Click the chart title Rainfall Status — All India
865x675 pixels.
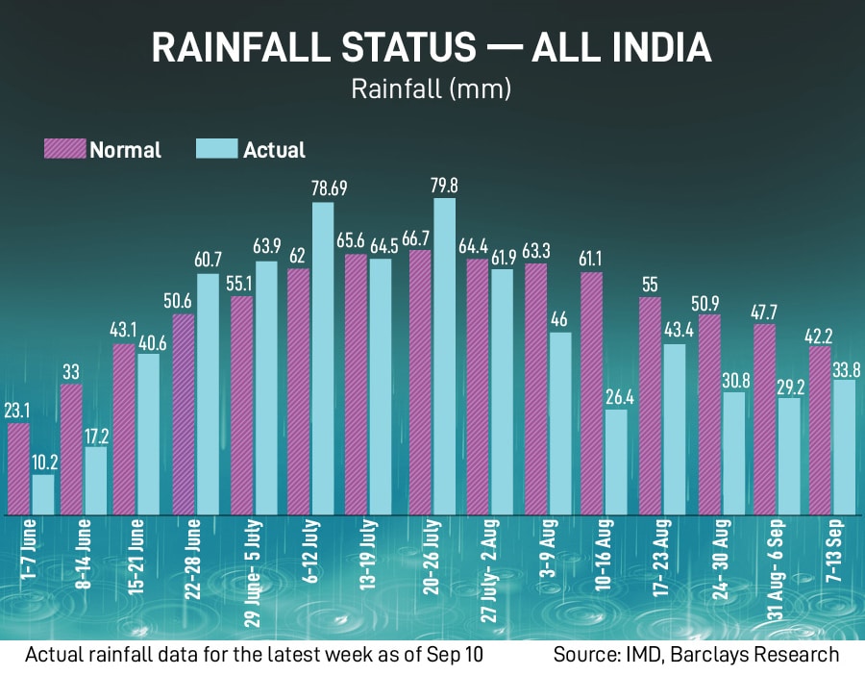pos(432,47)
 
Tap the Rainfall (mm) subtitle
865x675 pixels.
pos(432,89)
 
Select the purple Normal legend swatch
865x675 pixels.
pos(64,149)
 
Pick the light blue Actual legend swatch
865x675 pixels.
pos(217,149)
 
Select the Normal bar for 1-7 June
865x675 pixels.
pos(19,468)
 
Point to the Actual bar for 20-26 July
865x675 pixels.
pos(444,356)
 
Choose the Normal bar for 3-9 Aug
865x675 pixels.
pos(536,388)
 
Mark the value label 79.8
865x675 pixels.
pos(444,185)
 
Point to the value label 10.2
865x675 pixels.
pos(44,462)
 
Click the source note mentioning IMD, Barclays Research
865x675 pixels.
pos(696,655)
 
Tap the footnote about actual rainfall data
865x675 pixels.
pos(254,655)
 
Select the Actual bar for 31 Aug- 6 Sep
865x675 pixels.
pos(788,456)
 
